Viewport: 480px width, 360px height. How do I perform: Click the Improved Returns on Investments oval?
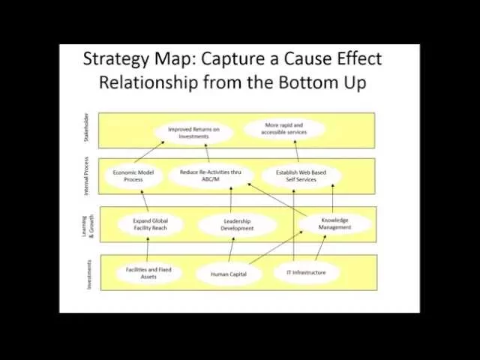[x=193, y=133]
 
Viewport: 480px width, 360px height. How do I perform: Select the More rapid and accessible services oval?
[x=283, y=128]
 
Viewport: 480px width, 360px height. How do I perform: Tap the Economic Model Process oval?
[x=133, y=176]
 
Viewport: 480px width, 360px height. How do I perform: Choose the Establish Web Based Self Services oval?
[x=301, y=176]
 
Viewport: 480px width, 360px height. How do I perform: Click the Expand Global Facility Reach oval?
[x=150, y=225]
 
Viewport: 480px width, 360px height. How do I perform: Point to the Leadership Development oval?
[x=237, y=225]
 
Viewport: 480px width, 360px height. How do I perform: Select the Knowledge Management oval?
[x=334, y=223]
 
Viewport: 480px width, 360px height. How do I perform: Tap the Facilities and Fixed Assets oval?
[x=148, y=273]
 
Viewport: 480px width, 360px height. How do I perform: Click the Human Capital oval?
[x=229, y=274]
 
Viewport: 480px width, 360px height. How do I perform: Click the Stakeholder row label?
[x=85, y=129]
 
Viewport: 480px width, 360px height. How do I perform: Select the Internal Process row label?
[x=85, y=176]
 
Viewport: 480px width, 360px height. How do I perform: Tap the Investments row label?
[x=88, y=274]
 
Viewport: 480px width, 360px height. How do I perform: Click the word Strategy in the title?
[x=114, y=58]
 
